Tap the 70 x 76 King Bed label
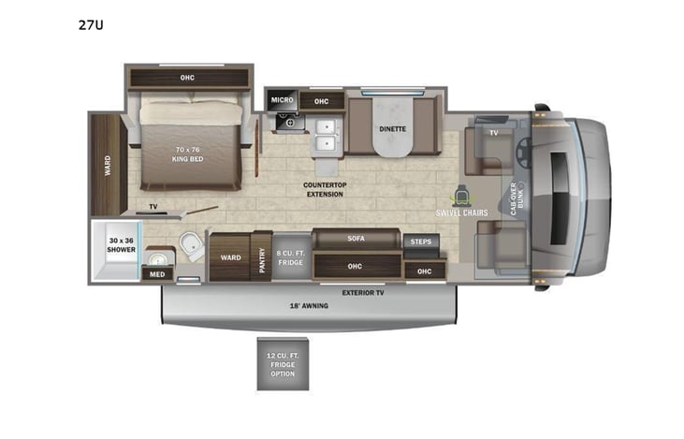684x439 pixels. pos(188,154)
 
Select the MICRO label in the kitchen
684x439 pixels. pos(282,99)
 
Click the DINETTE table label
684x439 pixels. pos(392,132)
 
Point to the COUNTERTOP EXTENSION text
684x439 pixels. pos(325,190)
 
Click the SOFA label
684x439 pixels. pos(356,239)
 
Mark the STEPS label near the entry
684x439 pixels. pos(417,241)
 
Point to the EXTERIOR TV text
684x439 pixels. pos(362,293)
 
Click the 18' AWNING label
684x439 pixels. pos(308,305)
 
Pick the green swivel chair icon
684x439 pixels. pos(460,197)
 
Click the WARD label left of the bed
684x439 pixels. pos(108,164)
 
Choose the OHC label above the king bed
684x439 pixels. pos(187,78)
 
